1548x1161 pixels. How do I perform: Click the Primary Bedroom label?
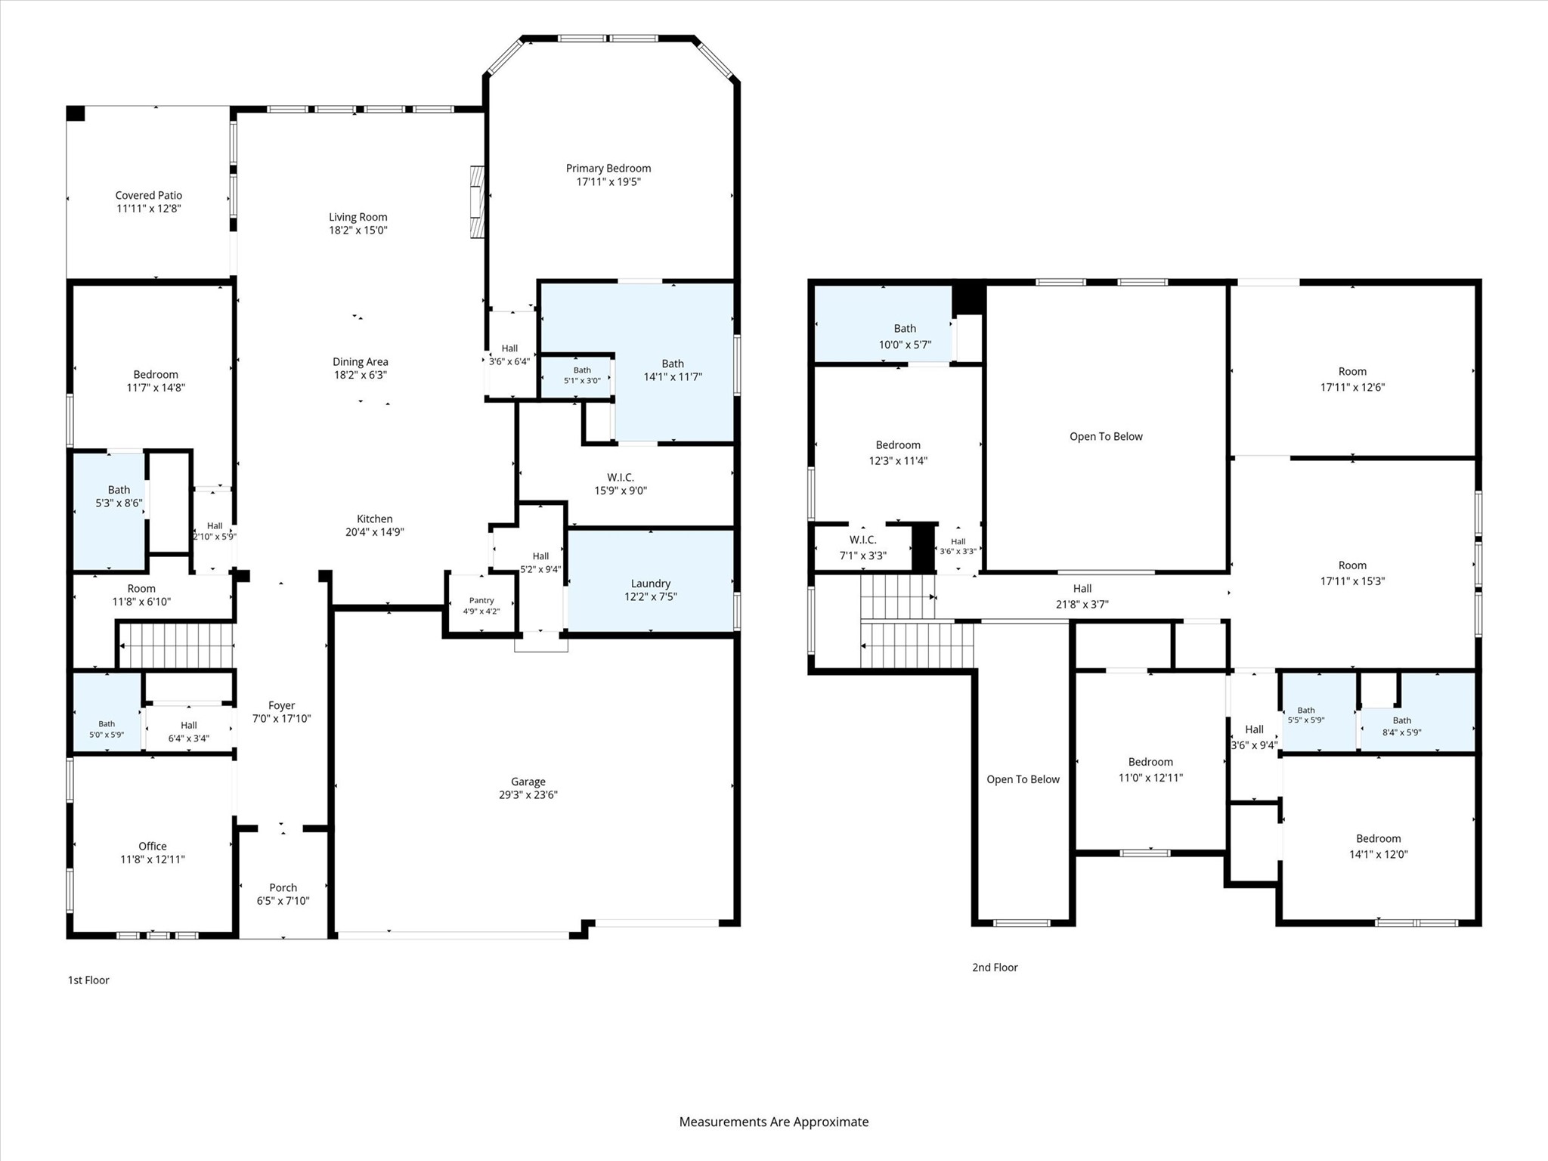pyautogui.click(x=608, y=169)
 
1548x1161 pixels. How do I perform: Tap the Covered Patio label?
pyautogui.click(x=149, y=196)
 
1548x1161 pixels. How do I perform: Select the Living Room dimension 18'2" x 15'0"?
pyautogui.click(x=358, y=231)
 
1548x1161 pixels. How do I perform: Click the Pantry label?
pyautogui.click(x=481, y=601)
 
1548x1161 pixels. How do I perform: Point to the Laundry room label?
pyautogui.click(x=651, y=584)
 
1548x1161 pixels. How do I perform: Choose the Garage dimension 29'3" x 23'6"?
pyautogui.click(x=528, y=795)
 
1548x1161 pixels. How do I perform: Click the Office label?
pyautogui.click(x=153, y=847)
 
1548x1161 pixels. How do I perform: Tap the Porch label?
pyautogui.click(x=283, y=888)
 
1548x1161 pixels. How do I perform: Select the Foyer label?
pyautogui.click(x=281, y=706)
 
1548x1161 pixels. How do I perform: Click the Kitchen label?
pyautogui.click(x=375, y=519)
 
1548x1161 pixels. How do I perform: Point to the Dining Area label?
pyautogui.click(x=361, y=362)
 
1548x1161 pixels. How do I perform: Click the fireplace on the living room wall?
pyautogui.click(x=476, y=202)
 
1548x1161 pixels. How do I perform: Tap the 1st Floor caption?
pyautogui.click(x=89, y=980)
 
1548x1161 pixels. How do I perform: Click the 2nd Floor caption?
pyautogui.click(x=995, y=967)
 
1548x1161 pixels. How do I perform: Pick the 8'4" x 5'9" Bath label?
pyautogui.click(x=1402, y=726)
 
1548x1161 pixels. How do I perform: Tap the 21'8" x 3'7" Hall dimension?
pyautogui.click(x=1082, y=605)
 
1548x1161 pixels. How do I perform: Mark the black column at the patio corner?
pyautogui.click(x=76, y=113)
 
